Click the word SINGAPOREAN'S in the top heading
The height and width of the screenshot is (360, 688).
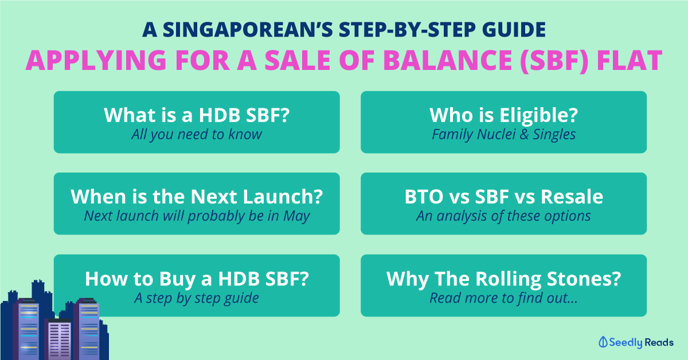pyautogui.click(x=248, y=30)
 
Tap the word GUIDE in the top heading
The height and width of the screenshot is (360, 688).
pyautogui.click(x=514, y=30)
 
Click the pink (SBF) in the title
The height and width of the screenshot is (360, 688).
pyautogui.click(x=554, y=60)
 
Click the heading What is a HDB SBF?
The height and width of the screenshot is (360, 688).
pyautogui.click(x=197, y=115)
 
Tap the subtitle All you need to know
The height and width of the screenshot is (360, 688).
pyautogui.click(x=197, y=135)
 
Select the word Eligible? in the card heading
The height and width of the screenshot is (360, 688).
pyautogui.click(x=538, y=115)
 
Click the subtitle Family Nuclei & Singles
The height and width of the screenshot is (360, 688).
pyautogui.click(x=504, y=135)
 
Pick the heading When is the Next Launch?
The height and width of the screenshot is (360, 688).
pyautogui.click(x=197, y=197)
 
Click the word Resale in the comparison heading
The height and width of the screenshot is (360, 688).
pyautogui.click(x=572, y=197)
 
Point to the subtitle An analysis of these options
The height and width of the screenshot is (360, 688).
pyautogui.click(x=503, y=216)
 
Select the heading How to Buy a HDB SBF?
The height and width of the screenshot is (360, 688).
pyautogui.click(x=197, y=279)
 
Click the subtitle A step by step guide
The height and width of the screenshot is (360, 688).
pyautogui.click(x=197, y=298)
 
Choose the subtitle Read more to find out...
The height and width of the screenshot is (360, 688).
pyautogui.click(x=503, y=298)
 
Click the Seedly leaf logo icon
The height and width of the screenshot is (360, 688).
pyautogui.click(x=603, y=342)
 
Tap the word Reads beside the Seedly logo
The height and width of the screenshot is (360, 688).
pyautogui.click(x=659, y=342)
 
